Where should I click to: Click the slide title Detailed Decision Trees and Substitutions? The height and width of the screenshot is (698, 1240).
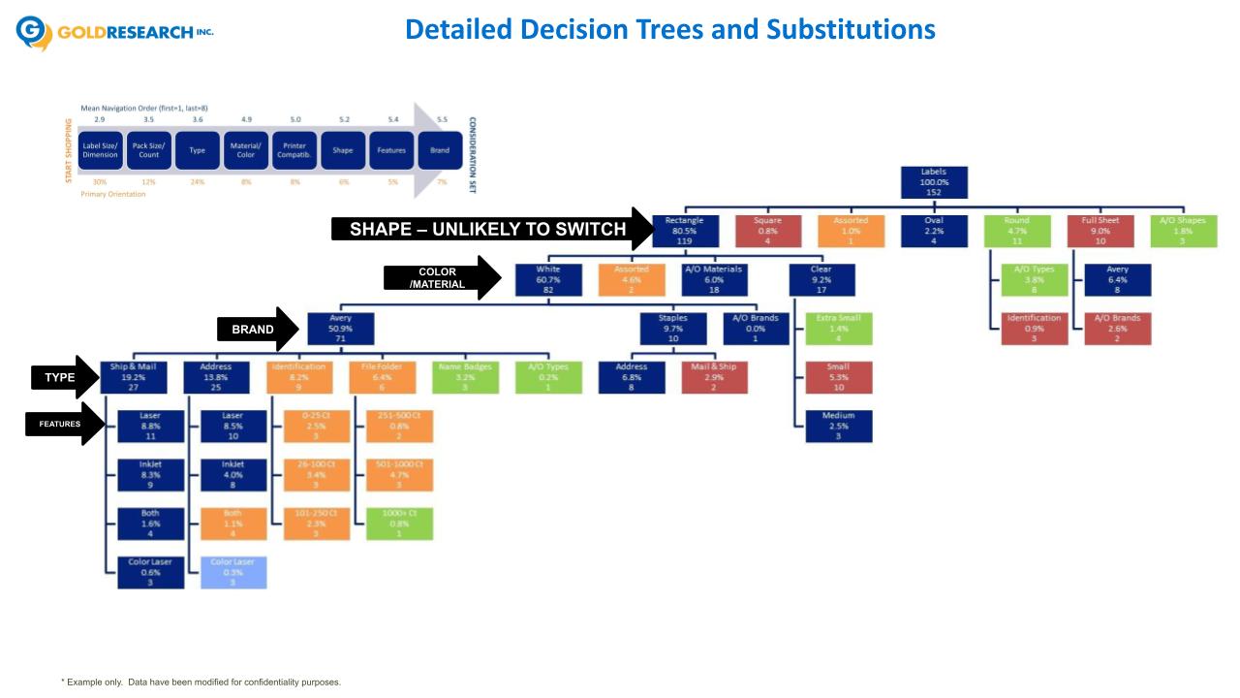[670, 30]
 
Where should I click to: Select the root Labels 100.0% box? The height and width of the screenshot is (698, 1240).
[934, 182]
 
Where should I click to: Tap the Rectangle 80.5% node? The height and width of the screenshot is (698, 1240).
[685, 231]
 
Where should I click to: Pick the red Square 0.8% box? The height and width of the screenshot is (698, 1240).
[767, 231]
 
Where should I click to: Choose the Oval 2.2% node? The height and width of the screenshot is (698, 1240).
[934, 231]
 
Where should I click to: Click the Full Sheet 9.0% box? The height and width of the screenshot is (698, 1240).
[1100, 231]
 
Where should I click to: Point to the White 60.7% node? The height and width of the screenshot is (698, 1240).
[547, 279]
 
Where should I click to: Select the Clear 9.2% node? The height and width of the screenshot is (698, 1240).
[821, 279]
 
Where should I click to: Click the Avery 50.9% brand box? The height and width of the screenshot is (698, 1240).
[340, 329]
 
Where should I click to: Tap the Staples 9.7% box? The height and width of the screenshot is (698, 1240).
[672, 329]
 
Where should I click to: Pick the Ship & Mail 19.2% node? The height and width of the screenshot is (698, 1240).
[133, 377]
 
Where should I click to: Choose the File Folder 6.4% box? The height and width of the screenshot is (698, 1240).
[382, 377]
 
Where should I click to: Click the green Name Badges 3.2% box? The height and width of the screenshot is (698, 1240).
[465, 377]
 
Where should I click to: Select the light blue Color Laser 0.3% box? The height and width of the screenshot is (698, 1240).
[233, 572]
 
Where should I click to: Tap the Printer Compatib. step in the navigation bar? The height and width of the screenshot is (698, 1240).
[295, 150]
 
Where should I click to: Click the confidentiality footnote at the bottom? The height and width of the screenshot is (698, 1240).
[201, 682]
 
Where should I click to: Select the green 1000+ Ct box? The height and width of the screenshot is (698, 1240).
[399, 523]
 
